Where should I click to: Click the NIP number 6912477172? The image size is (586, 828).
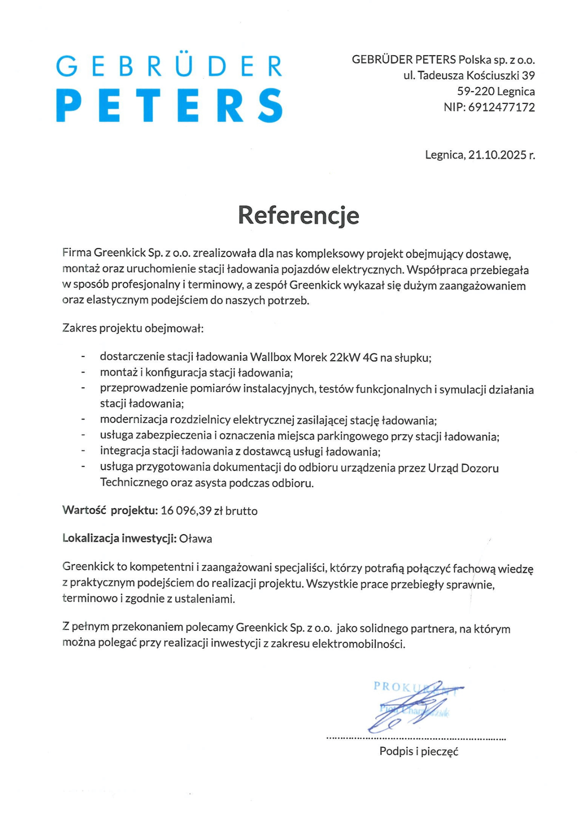click(x=501, y=107)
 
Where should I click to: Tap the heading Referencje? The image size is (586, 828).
click(x=298, y=215)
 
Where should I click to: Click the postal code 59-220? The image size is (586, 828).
click(x=476, y=91)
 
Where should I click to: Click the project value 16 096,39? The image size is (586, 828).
click(x=186, y=510)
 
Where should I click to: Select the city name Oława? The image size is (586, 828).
click(x=196, y=539)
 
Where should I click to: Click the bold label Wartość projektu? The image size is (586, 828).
click(x=110, y=510)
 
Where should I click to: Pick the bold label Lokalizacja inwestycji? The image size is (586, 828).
click(x=120, y=538)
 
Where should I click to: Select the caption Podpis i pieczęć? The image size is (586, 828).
click(x=419, y=751)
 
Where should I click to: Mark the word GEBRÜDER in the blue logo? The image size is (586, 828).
click(x=169, y=67)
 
